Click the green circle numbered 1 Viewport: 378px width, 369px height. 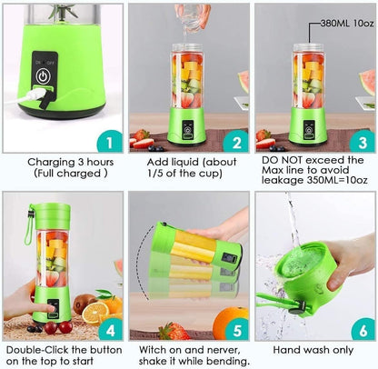(x=107, y=142)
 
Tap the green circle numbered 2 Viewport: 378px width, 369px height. (x=234, y=142)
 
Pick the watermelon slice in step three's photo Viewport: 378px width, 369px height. (x=366, y=83)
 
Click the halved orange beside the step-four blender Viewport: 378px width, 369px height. (x=94, y=310)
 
